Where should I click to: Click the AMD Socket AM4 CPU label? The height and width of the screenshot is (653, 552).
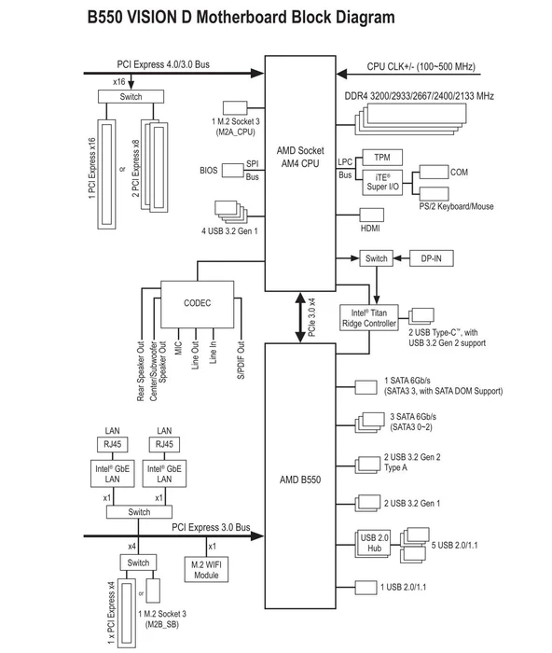tap(300, 157)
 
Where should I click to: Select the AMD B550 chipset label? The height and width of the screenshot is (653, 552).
tap(300, 479)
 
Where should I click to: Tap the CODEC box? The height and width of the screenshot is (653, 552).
tap(198, 304)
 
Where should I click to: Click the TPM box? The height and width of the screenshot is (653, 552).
tap(382, 158)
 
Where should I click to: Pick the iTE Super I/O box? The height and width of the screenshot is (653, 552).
tap(382, 183)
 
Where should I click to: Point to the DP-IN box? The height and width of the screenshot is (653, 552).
tap(432, 258)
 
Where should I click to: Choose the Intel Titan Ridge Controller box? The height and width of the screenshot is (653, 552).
tap(369, 318)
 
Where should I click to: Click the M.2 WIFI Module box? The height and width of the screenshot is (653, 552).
tap(206, 570)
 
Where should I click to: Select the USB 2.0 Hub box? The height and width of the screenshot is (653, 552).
tap(374, 543)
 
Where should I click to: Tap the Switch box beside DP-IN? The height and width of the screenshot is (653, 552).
tap(377, 258)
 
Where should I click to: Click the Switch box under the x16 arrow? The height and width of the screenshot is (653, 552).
tap(131, 97)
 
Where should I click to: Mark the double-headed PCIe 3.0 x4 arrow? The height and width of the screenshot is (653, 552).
tap(300, 317)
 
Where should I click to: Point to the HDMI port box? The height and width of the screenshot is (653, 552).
tap(372, 215)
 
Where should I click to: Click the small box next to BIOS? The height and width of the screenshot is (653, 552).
tap(233, 171)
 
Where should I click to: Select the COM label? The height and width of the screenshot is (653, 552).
tap(459, 172)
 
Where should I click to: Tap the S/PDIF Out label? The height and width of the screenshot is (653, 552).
tap(241, 360)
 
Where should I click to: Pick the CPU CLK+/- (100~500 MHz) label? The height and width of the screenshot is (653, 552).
tap(421, 66)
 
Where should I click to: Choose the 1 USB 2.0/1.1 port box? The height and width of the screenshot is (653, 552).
tap(366, 587)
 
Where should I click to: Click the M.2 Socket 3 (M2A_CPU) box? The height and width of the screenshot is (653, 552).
tap(235, 108)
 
